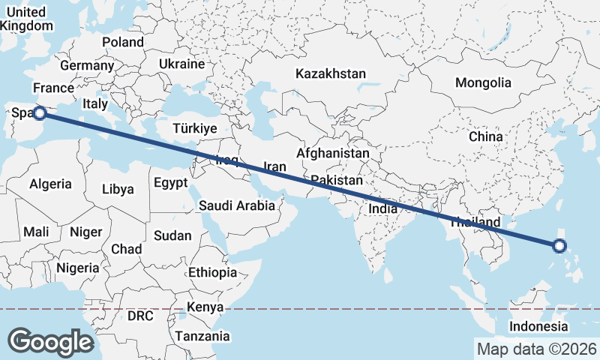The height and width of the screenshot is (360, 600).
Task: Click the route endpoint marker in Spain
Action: coord(40,113)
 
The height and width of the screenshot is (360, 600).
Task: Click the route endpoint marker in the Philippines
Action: coord(559,245)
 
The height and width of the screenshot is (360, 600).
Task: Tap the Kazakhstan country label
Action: coord(330,74)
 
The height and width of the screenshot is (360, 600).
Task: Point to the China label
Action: coord(485,136)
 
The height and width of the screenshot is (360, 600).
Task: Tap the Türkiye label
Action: coord(194,128)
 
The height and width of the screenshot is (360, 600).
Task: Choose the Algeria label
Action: coord(51,184)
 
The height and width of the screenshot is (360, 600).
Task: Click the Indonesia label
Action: coord(538,326)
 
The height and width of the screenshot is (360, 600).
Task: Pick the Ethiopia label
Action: coord(213,272)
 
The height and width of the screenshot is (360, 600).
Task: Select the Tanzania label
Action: coord(202,337)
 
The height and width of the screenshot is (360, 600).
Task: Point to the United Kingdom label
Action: coord(26,19)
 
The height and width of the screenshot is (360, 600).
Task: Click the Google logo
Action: coord(50,341)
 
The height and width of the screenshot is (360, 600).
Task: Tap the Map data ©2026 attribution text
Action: coord(536,349)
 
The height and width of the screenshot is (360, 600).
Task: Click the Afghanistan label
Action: coord(333,153)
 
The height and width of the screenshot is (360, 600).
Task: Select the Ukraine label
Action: coord(181,64)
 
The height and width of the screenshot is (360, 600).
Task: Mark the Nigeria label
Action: coord(78,268)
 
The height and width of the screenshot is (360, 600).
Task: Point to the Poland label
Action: coord(122,42)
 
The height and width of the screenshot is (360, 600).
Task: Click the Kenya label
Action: coord(205,307)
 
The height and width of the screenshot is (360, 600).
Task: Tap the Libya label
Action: coord(118,189)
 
